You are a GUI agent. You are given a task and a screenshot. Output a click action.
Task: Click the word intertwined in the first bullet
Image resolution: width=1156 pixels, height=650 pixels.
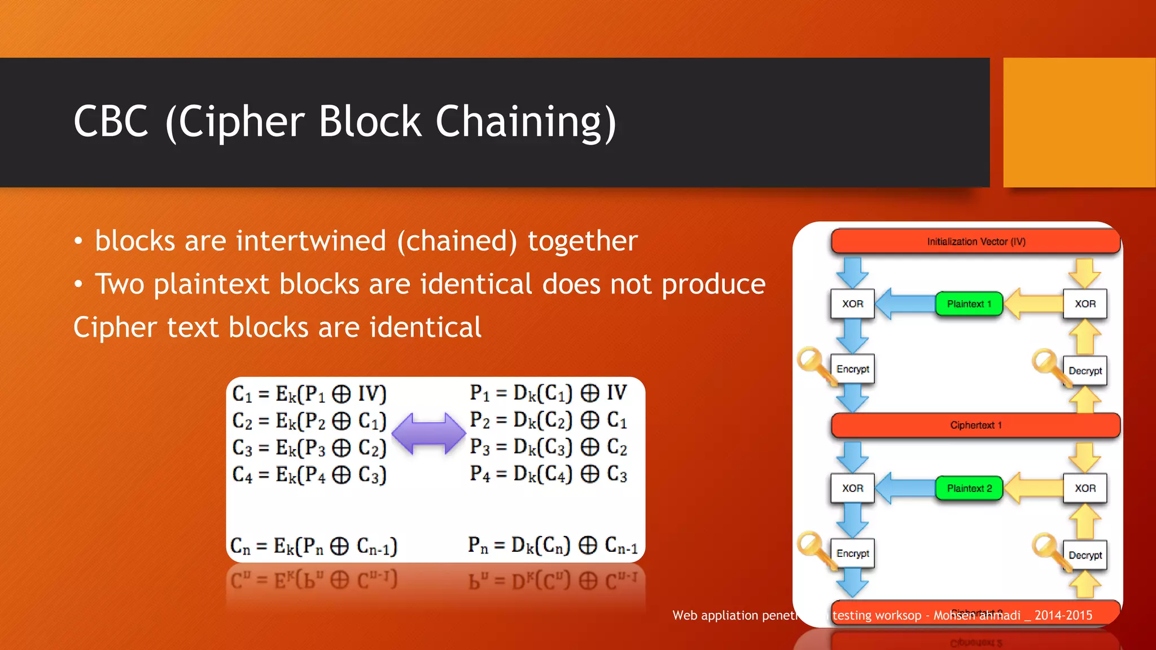[x=311, y=241]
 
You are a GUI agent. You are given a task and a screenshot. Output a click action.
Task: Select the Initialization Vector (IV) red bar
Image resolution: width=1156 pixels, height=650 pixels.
[x=975, y=241]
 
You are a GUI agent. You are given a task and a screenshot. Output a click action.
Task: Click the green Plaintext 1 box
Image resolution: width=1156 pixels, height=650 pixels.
[x=969, y=304]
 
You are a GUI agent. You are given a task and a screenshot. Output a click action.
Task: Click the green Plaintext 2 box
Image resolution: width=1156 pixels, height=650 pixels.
[x=969, y=489]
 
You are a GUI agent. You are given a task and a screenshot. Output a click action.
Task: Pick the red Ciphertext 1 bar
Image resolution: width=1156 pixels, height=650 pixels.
[x=975, y=425]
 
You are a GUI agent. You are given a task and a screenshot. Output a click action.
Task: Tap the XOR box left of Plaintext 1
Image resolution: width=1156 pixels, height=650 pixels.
[x=852, y=304]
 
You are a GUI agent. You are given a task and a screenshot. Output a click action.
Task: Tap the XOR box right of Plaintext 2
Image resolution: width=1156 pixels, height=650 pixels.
[x=1085, y=489]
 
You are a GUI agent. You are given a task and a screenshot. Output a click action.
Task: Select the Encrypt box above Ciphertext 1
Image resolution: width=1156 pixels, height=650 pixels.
[x=852, y=369]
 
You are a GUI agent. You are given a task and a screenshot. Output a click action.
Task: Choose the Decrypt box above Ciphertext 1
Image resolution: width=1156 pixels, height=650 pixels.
[x=1085, y=371]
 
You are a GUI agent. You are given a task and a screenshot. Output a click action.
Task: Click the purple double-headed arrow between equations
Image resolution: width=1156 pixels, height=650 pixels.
[x=429, y=433]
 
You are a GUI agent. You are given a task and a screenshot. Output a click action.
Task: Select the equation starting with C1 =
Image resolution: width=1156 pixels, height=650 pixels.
[x=309, y=394]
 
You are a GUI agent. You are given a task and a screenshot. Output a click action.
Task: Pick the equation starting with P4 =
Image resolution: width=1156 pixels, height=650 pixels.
[x=548, y=474]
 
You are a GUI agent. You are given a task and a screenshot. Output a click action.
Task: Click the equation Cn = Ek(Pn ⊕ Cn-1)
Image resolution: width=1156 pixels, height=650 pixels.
[x=314, y=546]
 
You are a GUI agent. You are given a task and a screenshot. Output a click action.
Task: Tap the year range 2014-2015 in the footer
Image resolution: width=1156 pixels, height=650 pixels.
[x=1063, y=616]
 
